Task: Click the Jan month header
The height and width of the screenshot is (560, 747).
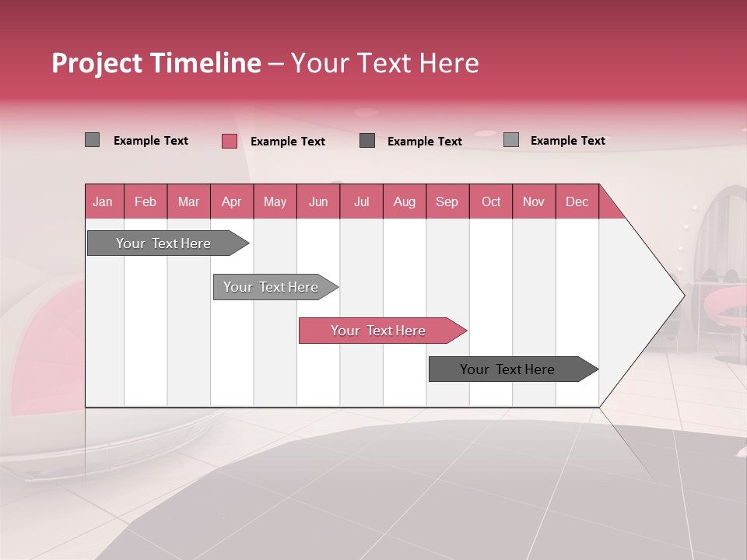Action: [x=103, y=201]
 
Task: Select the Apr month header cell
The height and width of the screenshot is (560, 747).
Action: [x=232, y=201]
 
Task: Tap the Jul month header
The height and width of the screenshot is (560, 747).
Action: [x=362, y=201]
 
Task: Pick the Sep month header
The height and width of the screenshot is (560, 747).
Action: [x=447, y=201]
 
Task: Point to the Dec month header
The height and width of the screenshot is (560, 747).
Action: [x=577, y=201]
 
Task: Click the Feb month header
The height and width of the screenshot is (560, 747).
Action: [x=146, y=201]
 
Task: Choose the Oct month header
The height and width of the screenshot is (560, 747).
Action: [x=491, y=201]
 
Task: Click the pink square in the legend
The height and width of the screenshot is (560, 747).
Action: [x=229, y=141]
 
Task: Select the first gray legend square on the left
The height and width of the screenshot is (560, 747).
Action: [x=92, y=140]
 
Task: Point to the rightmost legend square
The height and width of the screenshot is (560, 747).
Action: [x=510, y=140]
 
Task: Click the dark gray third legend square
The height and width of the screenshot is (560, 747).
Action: [x=367, y=141]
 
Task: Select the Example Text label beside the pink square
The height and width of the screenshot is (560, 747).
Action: [x=288, y=142]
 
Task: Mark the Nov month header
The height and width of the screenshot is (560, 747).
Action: [x=534, y=201]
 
